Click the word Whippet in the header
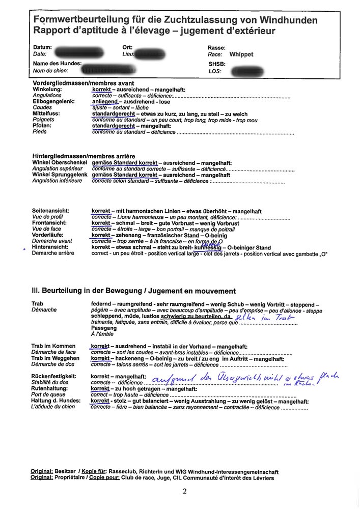[241, 54]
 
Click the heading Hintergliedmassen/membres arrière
[84, 155]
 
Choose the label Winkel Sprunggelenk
[59, 175]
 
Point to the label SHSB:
[217, 64]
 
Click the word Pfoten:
[42, 126]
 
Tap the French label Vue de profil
[48, 217]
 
